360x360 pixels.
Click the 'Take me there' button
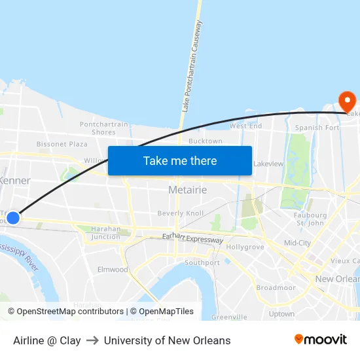point(180,160)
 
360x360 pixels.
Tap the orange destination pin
point(346,101)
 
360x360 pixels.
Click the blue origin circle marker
point(12,217)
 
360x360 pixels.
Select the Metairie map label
point(187,190)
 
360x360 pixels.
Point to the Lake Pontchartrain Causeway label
point(192,65)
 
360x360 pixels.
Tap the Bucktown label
point(205,141)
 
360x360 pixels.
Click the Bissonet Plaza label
point(62,144)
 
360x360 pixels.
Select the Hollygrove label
point(245,247)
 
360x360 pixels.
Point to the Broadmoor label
point(276,287)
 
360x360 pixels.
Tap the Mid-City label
point(297,243)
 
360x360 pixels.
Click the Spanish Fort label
point(317,128)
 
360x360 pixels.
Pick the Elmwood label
point(113,270)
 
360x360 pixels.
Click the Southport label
point(202,262)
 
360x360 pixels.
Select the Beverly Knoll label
point(180,213)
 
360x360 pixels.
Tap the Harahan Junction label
point(105,233)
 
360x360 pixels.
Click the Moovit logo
point(320,340)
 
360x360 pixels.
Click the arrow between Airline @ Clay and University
point(92,340)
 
